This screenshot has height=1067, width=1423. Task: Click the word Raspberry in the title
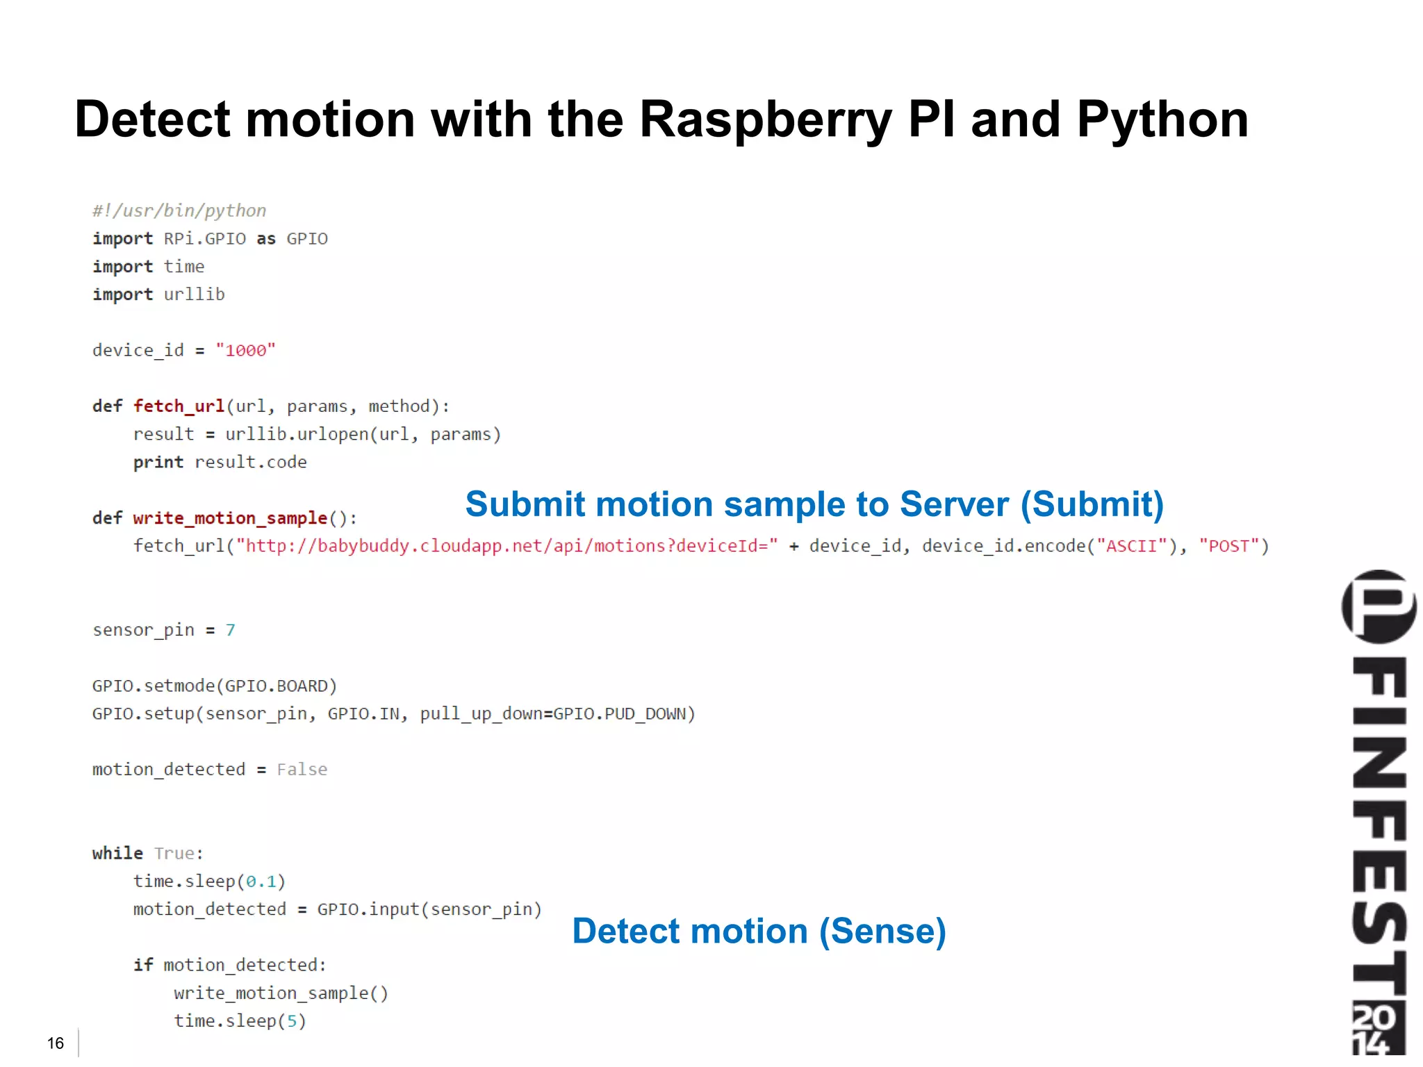click(765, 119)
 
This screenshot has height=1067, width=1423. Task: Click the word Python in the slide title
click(1162, 119)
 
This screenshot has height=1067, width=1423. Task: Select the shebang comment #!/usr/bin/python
click(179, 210)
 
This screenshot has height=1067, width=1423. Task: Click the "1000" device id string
click(245, 350)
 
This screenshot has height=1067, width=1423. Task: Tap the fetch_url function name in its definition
click(179, 406)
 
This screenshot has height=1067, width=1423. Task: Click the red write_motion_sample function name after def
click(230, 518)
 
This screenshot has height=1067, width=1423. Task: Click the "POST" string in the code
click(1229, 546)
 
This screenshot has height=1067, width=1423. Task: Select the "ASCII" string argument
click(1132, 546)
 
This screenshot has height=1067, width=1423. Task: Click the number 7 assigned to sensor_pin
click(231, 630)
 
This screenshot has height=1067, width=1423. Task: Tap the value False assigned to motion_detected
click(302, 770)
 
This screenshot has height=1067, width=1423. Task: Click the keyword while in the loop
click(117, 853)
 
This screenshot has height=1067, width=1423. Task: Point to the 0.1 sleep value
click(261, 882)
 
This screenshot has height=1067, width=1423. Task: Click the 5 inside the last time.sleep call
click(292, 1021)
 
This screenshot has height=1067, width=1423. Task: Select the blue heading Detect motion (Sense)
click(759, 931)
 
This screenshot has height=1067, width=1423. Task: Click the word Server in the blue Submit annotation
click(954, 504)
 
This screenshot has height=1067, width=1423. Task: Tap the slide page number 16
click(56, 1043)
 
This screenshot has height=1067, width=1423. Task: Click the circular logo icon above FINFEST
click(1379, 606)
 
